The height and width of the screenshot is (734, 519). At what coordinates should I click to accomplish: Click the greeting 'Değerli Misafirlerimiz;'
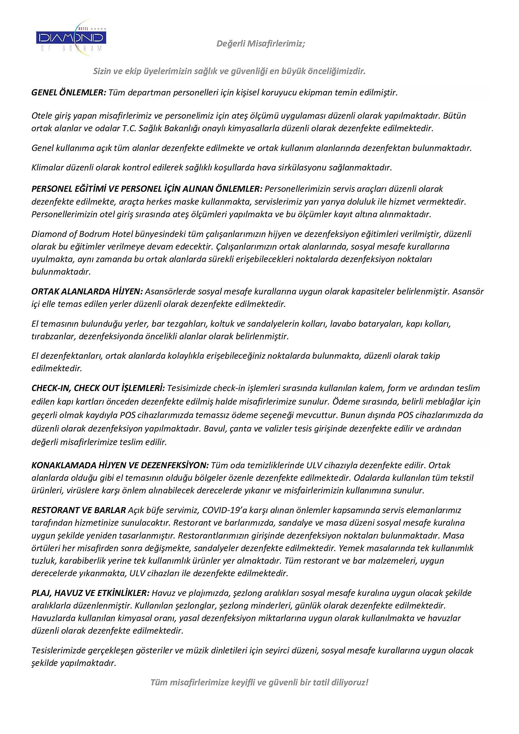(x=260, y=44)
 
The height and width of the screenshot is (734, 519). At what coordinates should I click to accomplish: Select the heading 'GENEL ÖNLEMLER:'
(x=68, y=93)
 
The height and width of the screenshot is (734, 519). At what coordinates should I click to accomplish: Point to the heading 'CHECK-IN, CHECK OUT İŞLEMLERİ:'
(x=98, y=388)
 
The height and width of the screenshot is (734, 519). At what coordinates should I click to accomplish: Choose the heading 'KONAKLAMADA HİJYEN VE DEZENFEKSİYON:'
(x=120, y=465)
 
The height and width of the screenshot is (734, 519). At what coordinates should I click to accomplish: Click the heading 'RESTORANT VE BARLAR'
(x=78, y=510)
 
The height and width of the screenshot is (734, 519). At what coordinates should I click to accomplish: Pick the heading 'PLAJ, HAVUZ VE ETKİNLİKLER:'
(x=90, y=593)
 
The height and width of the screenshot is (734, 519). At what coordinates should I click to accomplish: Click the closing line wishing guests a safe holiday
(x=259, y=683)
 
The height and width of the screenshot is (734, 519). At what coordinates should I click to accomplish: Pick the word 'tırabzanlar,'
(x=54, y=336)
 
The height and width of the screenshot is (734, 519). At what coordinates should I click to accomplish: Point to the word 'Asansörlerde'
(x=170, y=292)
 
